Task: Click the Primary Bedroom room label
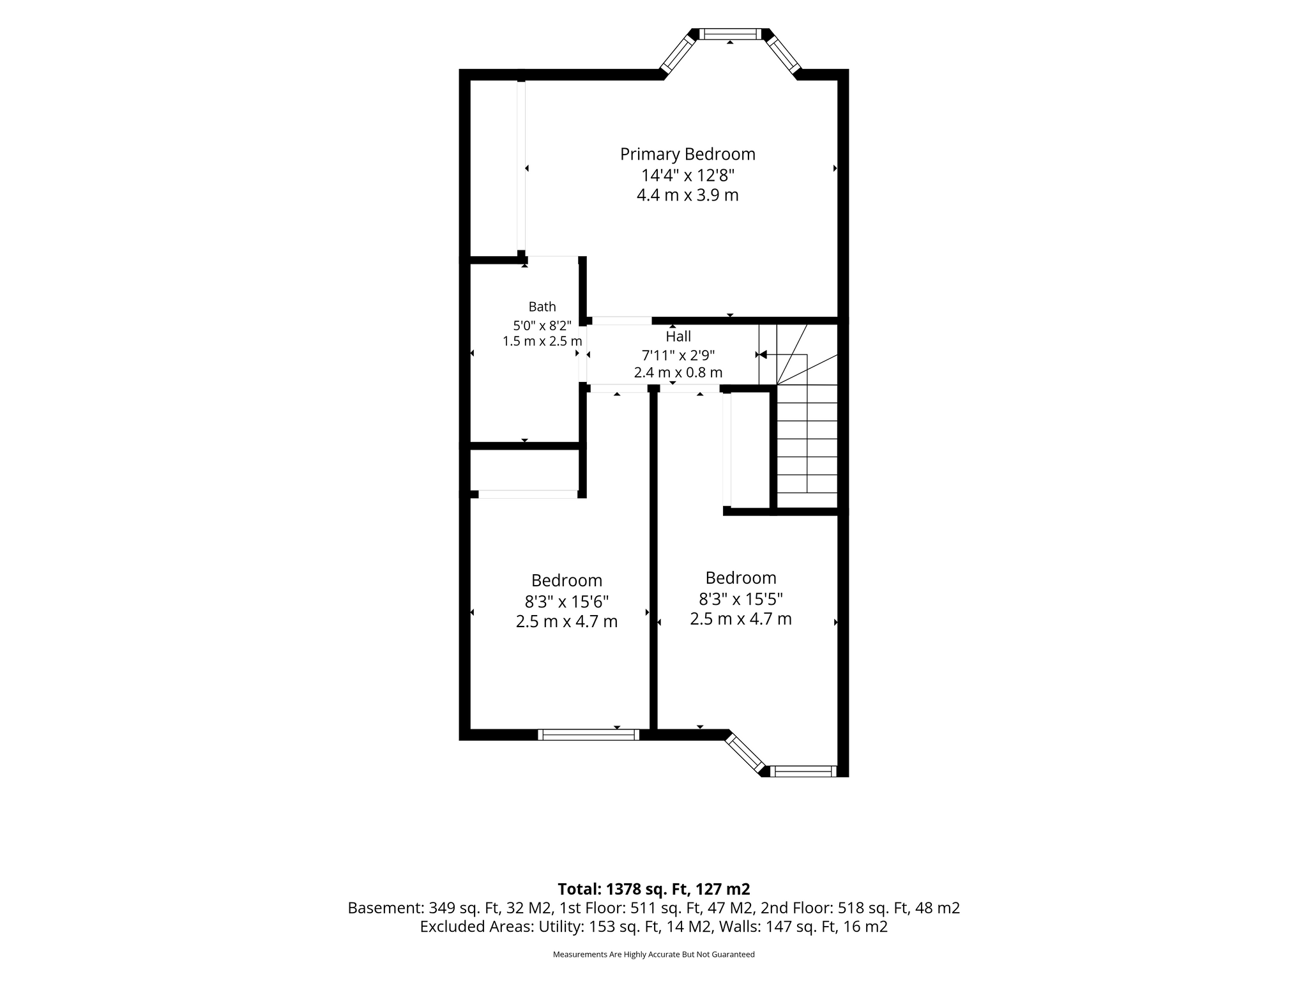pyautogui.click(x=688, y=155)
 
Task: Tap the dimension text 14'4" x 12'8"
pyautogui.click(x=688, y=175)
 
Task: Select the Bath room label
pyautogui.click(x=542, y=307)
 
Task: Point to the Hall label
pyautogui.click(x=678, y=336)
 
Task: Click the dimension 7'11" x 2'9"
pyautogui.click(x=678, y=354)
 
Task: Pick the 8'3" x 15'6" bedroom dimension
pyautogui.click(x=567, y=602)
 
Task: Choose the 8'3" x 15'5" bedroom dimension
pyautogui.click(x=741, y=599)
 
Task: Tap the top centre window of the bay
pyautogui.click(x=730, y=34)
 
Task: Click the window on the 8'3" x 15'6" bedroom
pyautogui.click(x=588, y=734)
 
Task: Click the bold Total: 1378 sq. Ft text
pyautogui.click(x=654, y=889)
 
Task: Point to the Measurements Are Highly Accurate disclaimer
pyautogui.click(x=654, y=955)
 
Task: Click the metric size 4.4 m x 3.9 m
pyautogui.click(x=688, y=195)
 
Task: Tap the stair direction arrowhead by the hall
pyautogui.click(x=763, y=354)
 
